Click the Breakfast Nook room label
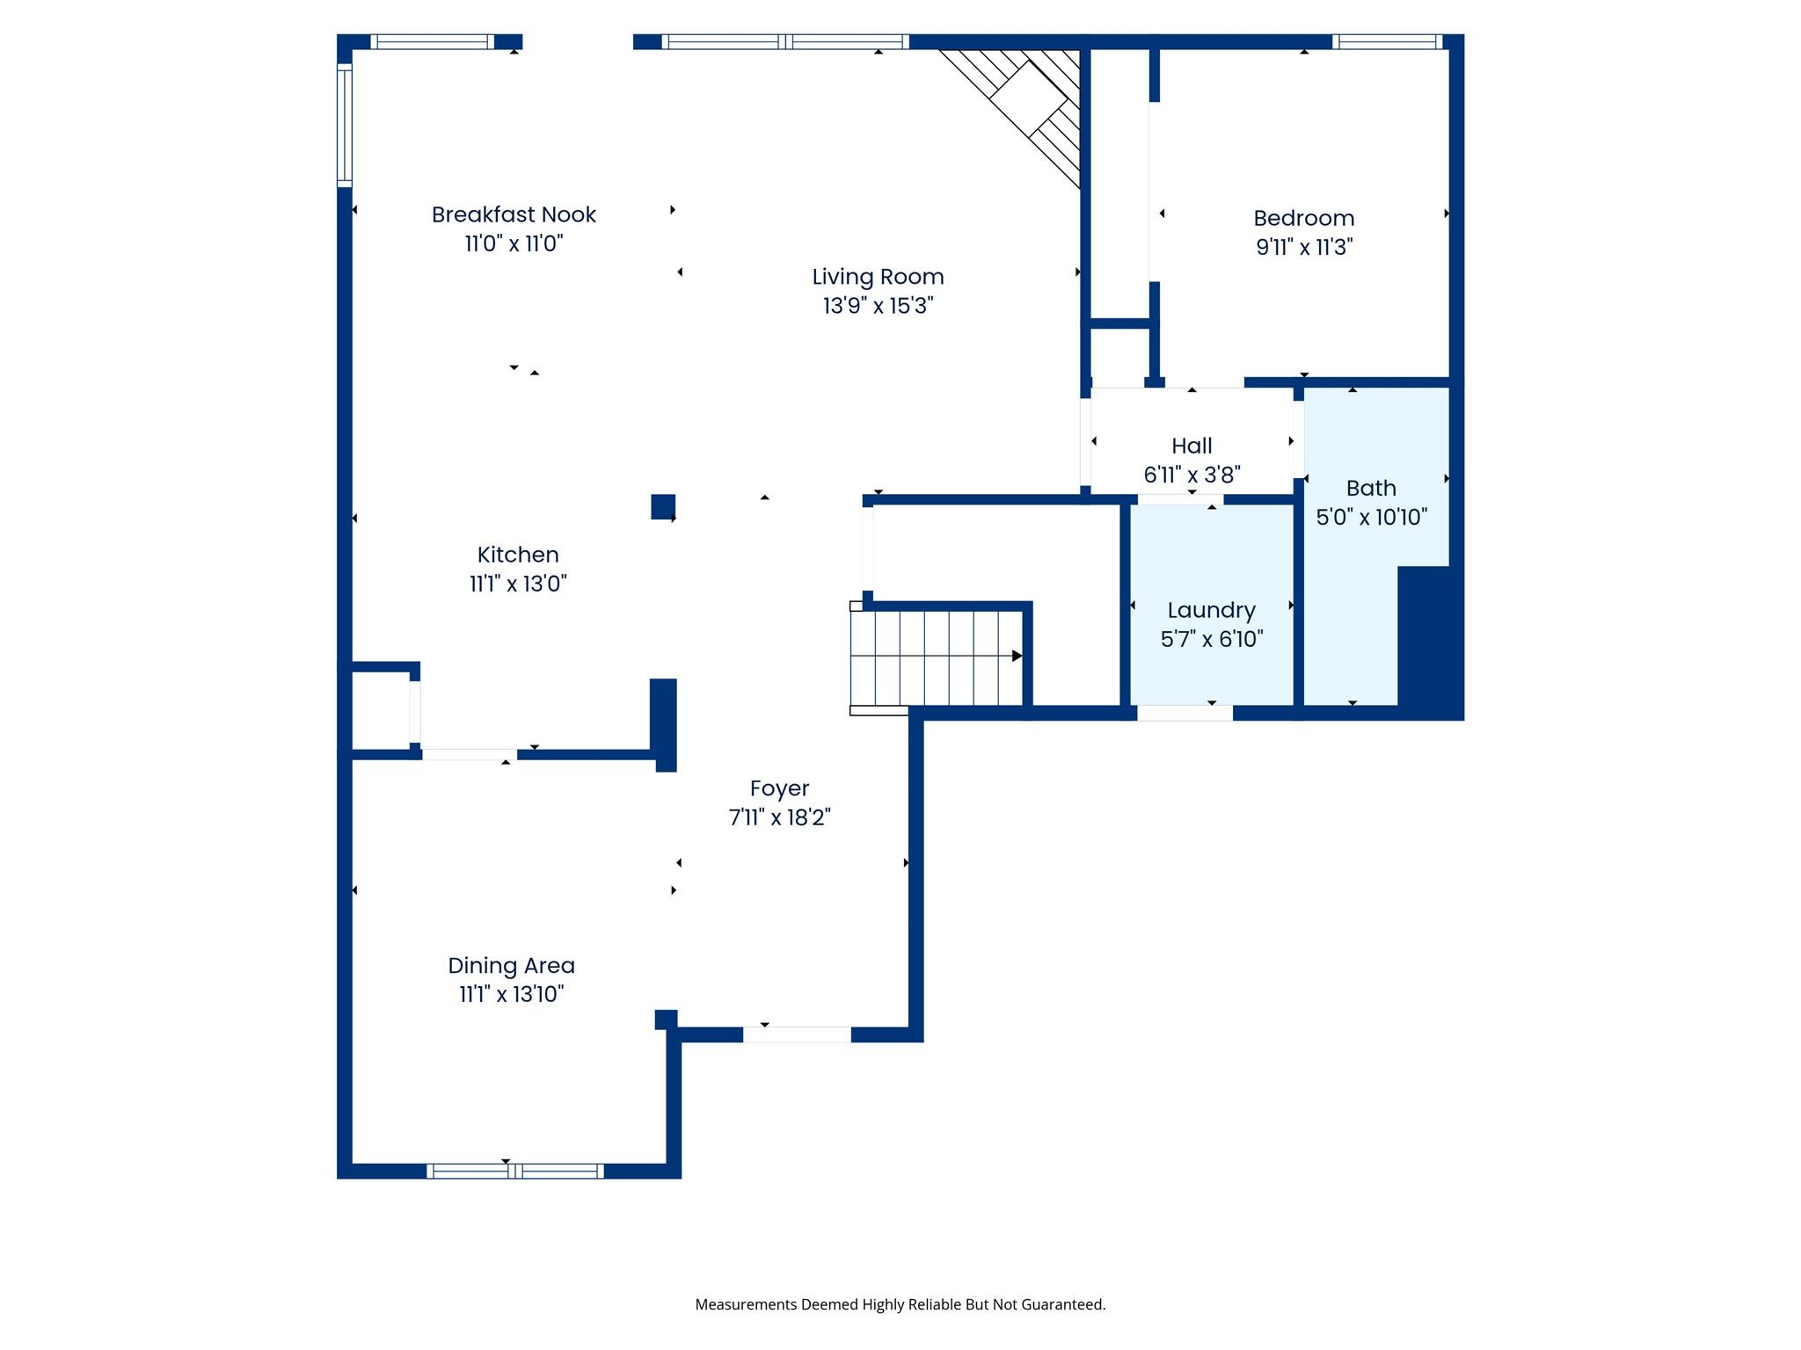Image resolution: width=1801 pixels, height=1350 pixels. pos(514,214)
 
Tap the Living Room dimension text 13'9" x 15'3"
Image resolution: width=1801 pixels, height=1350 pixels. pos(878,306)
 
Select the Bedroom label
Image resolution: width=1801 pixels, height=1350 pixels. pos(1303,218)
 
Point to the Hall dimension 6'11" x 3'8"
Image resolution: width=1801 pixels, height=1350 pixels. pos(1192,475)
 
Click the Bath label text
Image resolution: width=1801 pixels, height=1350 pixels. pos(1371,488)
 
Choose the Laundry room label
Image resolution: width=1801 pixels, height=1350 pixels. pos(1211,610)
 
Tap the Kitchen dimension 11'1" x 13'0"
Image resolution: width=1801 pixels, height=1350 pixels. pos(517,584)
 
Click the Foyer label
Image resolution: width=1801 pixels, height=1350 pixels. pos(779,788)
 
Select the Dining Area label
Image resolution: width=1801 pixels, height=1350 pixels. pos(511,965)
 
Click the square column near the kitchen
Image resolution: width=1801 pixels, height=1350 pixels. pos(663,506)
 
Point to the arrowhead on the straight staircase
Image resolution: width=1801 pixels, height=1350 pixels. pos(1017,656)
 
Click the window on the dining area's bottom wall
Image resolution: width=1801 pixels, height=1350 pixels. pos(514,1171)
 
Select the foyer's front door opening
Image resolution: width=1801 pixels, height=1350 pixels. pos(797,1034)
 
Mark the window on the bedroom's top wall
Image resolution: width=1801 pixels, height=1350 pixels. pos(1387,41)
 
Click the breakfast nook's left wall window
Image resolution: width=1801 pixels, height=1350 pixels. pos(345,125)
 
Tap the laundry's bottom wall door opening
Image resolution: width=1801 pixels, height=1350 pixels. pos(1185,713)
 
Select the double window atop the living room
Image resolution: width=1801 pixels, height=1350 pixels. pos(785,41)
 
